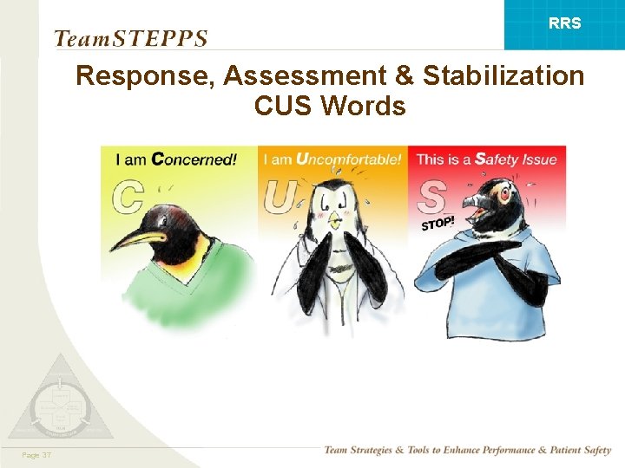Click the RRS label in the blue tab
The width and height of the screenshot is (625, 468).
click(565, 23)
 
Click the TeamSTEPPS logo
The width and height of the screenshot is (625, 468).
click(131, 38)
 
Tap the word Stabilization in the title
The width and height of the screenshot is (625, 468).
click(503, 76)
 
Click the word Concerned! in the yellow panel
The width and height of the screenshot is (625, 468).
click(194, 159)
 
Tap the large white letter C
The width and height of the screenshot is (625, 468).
click(128, 196)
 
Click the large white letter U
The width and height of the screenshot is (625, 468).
click(280, 196)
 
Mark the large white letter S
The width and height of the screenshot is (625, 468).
click(431, 196)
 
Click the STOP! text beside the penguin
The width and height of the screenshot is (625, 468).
click(438, 224)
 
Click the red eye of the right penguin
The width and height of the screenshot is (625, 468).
click(504, 195)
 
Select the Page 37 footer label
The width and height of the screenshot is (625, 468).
click(36, 454)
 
